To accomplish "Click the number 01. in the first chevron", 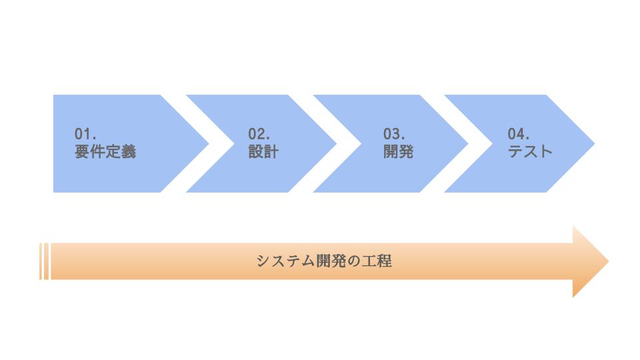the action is point(85,134).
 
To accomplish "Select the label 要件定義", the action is point(105,151).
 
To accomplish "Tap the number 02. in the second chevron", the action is point(259,134).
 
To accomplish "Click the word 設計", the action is point(263,151).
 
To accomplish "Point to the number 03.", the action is point(394,134).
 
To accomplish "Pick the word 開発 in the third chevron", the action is point(399,151).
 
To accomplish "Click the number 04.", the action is point(519,134).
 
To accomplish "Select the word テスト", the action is point(530,151).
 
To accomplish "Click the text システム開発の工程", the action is point(324,261).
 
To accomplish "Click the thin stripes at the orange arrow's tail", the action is point(44,261).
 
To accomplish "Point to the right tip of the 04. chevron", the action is point(595,144).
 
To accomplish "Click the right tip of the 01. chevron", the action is point(209,144).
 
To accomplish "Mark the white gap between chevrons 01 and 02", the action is point(197,144).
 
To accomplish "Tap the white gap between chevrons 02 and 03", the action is point(325,144).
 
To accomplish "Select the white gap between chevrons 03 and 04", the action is point(456,144).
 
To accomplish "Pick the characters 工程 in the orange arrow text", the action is point(377,261).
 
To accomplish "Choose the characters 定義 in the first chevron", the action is point(121,151).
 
